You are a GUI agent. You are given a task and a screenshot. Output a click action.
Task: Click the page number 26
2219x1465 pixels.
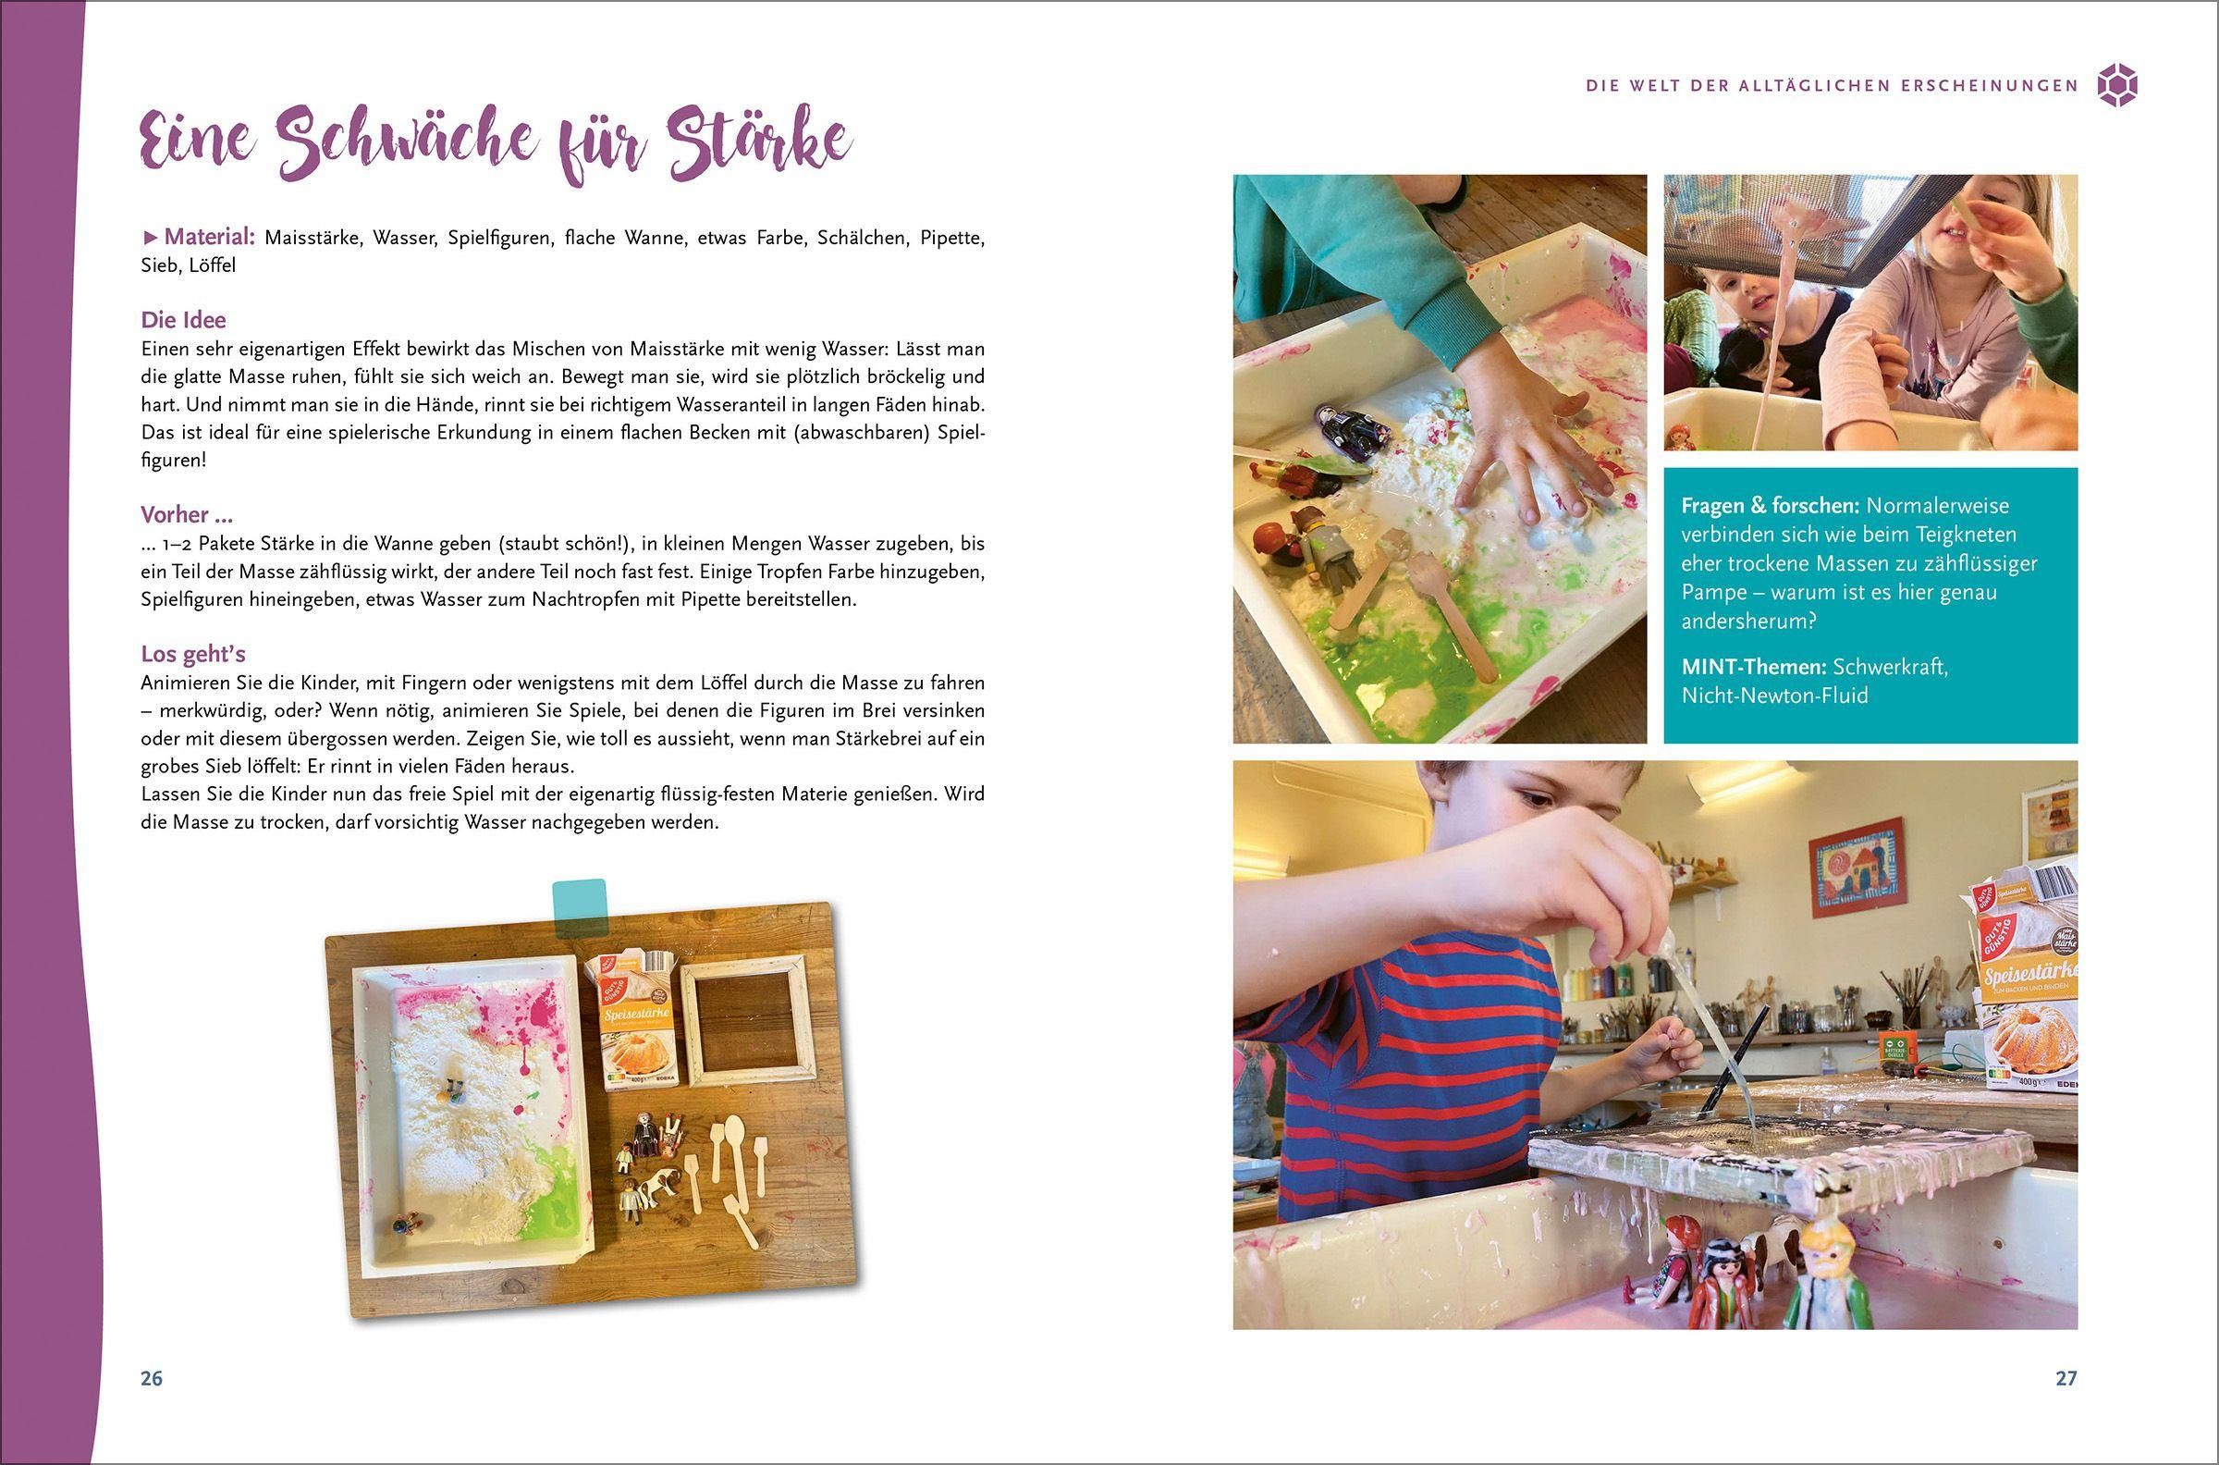(152, 1378)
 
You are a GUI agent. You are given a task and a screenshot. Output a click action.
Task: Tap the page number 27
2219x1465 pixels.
(2066, 1378)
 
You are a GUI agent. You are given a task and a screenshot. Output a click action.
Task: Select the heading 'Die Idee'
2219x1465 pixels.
(183, 319)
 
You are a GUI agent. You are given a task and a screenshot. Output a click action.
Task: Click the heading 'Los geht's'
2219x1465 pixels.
(193, 653)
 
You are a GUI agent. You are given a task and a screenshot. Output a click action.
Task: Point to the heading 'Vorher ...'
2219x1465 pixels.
(187, 515)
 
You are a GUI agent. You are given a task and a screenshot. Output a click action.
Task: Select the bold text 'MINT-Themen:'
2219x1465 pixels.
(1753, 667)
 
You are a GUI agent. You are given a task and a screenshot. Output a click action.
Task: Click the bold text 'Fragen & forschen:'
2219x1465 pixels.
(1769, 506)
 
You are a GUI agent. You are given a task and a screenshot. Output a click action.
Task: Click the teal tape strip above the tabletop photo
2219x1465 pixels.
(579, 909)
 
